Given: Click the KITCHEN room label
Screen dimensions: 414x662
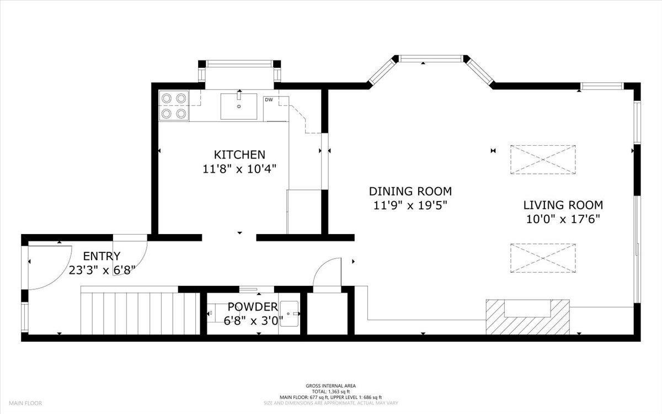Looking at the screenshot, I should [239, 155].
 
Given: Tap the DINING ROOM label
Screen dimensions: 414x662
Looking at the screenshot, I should [410, 192].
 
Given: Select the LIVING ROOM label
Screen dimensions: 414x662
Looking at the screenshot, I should [563, 205].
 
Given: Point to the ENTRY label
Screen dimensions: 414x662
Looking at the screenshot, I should [102, 256].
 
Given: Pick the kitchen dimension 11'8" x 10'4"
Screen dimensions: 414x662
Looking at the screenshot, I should [239, 169].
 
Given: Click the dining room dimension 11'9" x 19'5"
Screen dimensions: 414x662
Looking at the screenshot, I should [410, 206].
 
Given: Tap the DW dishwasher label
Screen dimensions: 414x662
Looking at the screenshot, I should [269, 100].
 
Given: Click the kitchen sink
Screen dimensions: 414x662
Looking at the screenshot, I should [239, 106].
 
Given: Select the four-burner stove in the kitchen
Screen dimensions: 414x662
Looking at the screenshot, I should [173, 105].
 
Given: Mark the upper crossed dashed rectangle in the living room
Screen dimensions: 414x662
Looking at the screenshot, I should [543, 160].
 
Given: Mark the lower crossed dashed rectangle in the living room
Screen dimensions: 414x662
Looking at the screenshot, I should [543, 258].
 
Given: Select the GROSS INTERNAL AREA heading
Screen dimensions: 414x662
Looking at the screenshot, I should [330, 386].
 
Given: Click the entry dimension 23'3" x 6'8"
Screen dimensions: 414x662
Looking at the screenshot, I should [102, 270].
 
